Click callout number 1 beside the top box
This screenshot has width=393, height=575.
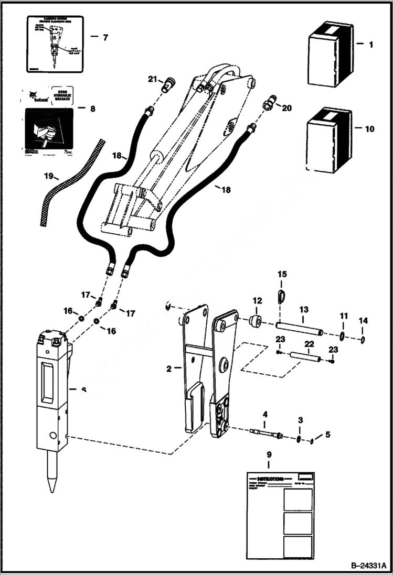click(370, 45)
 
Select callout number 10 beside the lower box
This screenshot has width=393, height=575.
click(369, 128)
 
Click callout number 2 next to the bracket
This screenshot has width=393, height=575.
click(169, 369)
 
